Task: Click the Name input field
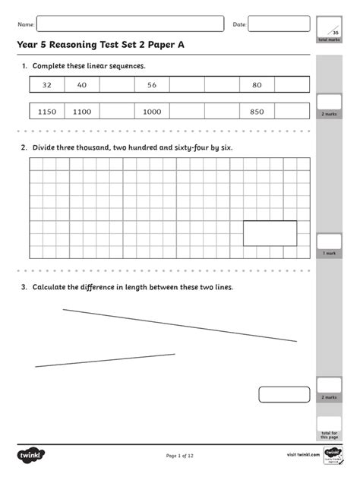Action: tap(131, 24)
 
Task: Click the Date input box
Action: tap(279, 24)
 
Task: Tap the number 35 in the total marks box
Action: tap(334, 32)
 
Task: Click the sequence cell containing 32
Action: tap(47, 85)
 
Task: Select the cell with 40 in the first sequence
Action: tap(82, 85)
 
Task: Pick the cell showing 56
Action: tap(152, 85)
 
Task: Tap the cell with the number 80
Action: tap(257, 85)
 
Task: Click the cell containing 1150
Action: tap(47, 112)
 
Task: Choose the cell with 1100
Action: tap(82, 112)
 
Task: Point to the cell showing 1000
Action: tap(152, 112)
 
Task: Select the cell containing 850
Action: tap(257, 112)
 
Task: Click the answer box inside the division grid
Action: tap(270, 233)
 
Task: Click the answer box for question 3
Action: tap(284, 393)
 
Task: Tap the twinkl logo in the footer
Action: tap(32, 455)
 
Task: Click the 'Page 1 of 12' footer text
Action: tap(180, 456)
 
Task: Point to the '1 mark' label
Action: tap(329, 253)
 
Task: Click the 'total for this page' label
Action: tap(329, 435)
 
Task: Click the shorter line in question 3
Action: tap(105, 360)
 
